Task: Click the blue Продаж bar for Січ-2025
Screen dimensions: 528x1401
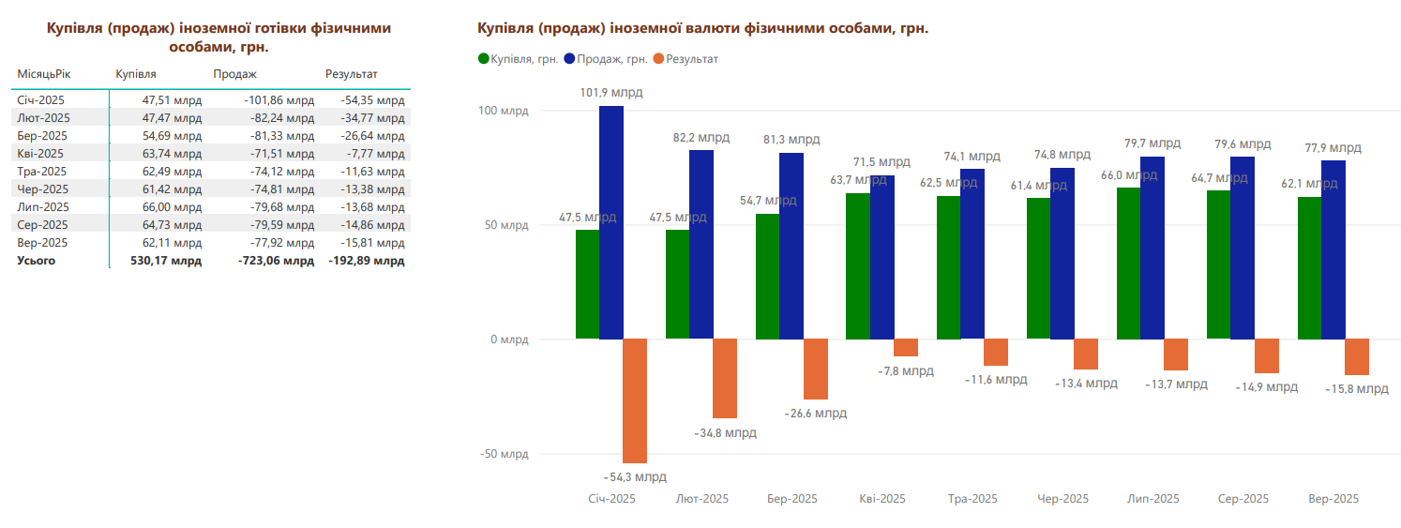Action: point(611,222)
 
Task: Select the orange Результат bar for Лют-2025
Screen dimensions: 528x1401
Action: point(725,378)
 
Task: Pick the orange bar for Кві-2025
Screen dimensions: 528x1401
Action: point(906,347)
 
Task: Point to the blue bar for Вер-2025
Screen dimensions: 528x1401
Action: point(1333,249)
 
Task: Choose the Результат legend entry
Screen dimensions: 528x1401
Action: point(691,59)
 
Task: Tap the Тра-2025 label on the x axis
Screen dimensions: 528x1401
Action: point(972,499)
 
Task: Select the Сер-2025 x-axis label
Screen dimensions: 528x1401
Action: point(1243,499)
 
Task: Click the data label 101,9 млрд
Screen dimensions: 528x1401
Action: point(611,93)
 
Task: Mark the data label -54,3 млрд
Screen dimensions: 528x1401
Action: point(635,476)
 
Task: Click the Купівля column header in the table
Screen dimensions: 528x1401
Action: point(136,74)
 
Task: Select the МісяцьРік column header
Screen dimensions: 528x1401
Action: point(44,74)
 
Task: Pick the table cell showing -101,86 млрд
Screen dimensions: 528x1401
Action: point(279,100)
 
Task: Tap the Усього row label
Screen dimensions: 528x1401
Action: point(37,261)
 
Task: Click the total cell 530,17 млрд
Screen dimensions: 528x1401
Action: point(166,261)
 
